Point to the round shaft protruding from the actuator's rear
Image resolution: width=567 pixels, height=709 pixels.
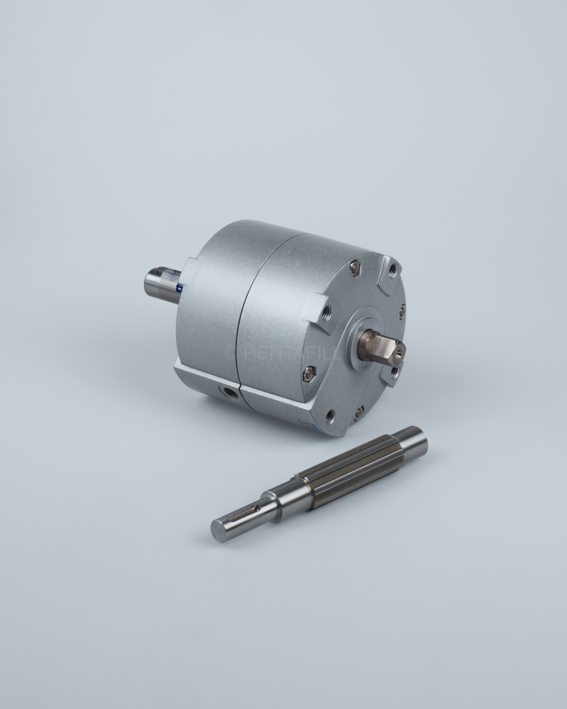160,279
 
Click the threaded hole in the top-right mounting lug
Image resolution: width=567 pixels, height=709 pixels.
393,269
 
